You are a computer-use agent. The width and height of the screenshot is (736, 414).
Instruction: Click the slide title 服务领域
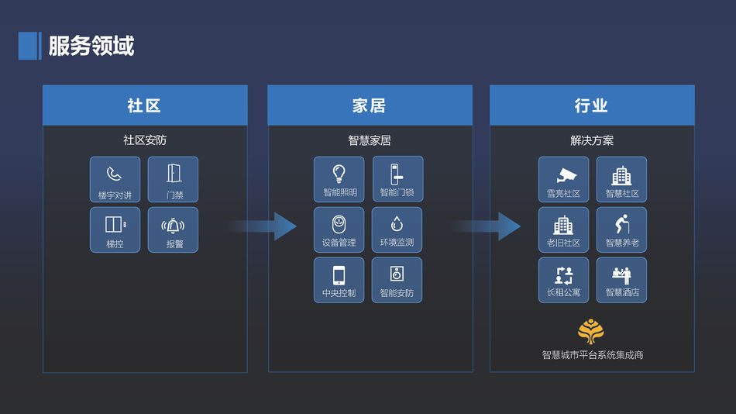pyautogui.click(x=91, y=46)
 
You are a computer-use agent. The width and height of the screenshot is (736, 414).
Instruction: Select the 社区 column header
pyautogui.click(x=145, y=105)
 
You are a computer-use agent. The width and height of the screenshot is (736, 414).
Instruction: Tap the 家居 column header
pyautogui.click(x=370, y=105)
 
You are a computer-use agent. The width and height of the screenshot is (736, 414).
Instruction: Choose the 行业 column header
pyautogui.click(x=592, y=105)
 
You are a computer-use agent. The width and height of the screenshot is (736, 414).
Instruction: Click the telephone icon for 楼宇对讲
pyautogui.click(x=115, y=174)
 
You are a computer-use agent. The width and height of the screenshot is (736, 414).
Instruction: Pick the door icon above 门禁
pyautogui.click(x=174, y=173)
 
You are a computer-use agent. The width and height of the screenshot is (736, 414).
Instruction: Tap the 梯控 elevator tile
pyautogui.click(x=115, y=229)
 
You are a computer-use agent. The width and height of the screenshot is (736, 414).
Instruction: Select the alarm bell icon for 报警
pyautogui.click(x=174, y=226)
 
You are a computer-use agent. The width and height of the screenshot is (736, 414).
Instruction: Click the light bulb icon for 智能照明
pyautogui.click(x=339, y=173)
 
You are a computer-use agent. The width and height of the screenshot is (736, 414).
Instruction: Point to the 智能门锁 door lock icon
pyautogui.click(x=396, y=173)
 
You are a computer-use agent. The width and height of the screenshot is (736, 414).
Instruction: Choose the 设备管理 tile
pyautogui.click(x=339, y=229)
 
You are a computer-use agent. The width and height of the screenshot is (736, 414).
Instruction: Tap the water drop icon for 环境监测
pyautogui.click(x=397, y=224)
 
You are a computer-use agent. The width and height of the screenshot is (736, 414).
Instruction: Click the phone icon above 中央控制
pyautogui.click(x=339, y=274)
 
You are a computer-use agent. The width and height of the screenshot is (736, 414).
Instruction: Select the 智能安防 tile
pyautogui.click(x=397, y=280)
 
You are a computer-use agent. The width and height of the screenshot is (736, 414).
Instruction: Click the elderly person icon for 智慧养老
pyautogui.click(x=622, y=224)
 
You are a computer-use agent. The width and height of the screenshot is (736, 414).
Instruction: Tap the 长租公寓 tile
pyautogui.click(x=563, y=280)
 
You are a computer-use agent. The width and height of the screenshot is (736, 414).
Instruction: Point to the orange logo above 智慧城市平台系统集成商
pyautogui.click(x=592, y=332)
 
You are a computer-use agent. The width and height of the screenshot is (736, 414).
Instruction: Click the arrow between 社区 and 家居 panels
pyautogui.click(x=263, y=226)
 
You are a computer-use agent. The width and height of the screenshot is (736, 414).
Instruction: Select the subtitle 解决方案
pyautogui.click(x=592, y=140)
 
